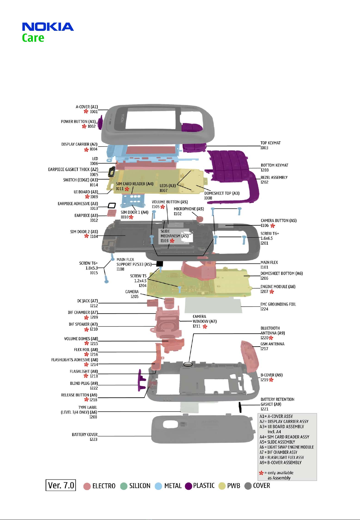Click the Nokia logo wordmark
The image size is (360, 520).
48,27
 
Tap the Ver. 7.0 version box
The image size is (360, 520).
61,485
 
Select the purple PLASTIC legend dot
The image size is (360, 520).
188,486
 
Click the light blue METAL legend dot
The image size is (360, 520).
158,486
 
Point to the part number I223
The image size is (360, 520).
94,439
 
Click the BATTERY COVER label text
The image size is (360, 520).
85,434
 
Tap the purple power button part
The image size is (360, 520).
100,122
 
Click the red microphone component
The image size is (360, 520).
199,218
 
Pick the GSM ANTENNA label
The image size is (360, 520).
272,344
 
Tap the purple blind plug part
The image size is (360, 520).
141,380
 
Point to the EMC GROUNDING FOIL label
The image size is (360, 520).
278,304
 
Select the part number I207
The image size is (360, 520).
264,292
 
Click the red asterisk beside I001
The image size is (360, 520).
86,111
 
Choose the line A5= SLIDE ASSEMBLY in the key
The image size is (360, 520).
277,442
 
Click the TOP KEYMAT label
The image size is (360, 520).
271,143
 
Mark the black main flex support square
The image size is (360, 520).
160,264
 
